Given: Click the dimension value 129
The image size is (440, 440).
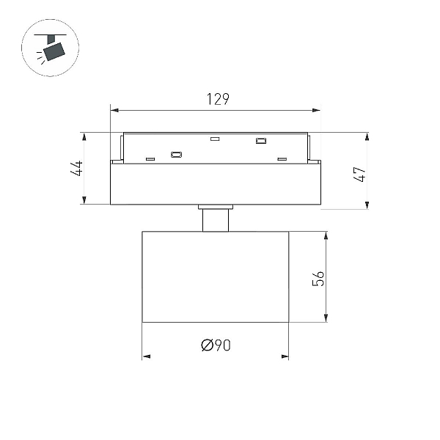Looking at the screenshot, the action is [x=218, y=99].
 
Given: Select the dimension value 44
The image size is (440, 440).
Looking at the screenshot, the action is [x=76, y=168].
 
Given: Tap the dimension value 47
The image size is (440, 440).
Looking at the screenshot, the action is [x=360, y=175].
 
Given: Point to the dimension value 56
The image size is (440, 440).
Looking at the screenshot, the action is [x=318, y=279].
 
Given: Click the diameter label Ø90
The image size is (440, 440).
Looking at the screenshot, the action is [x=216, y=345].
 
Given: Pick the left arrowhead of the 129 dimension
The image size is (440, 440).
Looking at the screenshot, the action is [x=115, y=110].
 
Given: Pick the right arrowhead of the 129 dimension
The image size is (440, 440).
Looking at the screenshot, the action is [x=316, y=110].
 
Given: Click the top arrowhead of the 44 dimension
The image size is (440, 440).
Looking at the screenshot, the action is [x=84, y=136].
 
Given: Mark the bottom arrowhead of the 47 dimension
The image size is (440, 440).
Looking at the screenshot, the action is [x=367, y=205].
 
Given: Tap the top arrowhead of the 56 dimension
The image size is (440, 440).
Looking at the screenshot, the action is [x=326, y=235].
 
